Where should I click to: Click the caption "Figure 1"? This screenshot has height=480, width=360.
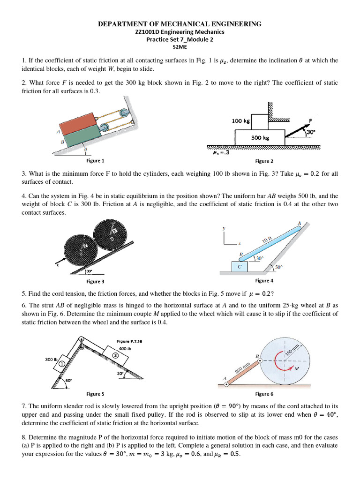tap(95, 161)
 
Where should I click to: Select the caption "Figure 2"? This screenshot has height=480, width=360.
tap(263, 161)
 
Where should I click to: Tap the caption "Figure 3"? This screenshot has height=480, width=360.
tap(95, 281)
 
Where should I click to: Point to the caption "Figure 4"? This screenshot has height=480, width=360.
tap(263, 280)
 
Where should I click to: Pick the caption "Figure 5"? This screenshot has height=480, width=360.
tap(95, 394)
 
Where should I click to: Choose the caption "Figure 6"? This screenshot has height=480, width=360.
tap(263, 394)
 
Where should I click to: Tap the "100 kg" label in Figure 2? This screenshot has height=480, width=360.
tap(241, 121)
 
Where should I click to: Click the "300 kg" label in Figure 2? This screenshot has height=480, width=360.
tap(259, 138)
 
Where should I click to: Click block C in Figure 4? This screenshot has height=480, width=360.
tap(240, 266)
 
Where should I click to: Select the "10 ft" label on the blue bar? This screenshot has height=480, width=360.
tap(267, 240)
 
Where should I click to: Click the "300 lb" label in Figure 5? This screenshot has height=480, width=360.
tap(51, 359)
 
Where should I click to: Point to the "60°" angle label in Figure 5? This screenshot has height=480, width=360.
tap(69, 380)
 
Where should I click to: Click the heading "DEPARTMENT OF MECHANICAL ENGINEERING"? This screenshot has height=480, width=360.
tap(180, 24)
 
